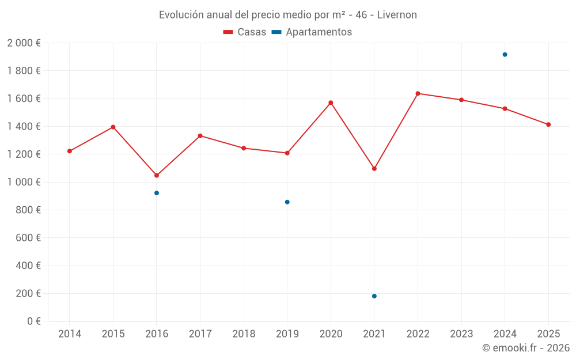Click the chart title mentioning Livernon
288,15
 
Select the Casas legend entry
245,32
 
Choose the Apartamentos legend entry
312,32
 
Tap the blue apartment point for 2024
505,55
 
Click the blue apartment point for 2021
374,296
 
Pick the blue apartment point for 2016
157,193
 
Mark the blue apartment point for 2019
287,202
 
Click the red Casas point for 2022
418,93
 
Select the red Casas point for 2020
331,103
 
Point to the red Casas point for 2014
70,151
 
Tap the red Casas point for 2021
374,169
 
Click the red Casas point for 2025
548,124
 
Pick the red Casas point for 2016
157,175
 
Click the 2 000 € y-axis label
24,43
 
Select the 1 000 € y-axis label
24,182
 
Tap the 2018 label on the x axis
244,334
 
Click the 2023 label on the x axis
461,334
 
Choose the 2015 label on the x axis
113,334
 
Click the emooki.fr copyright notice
526,348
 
